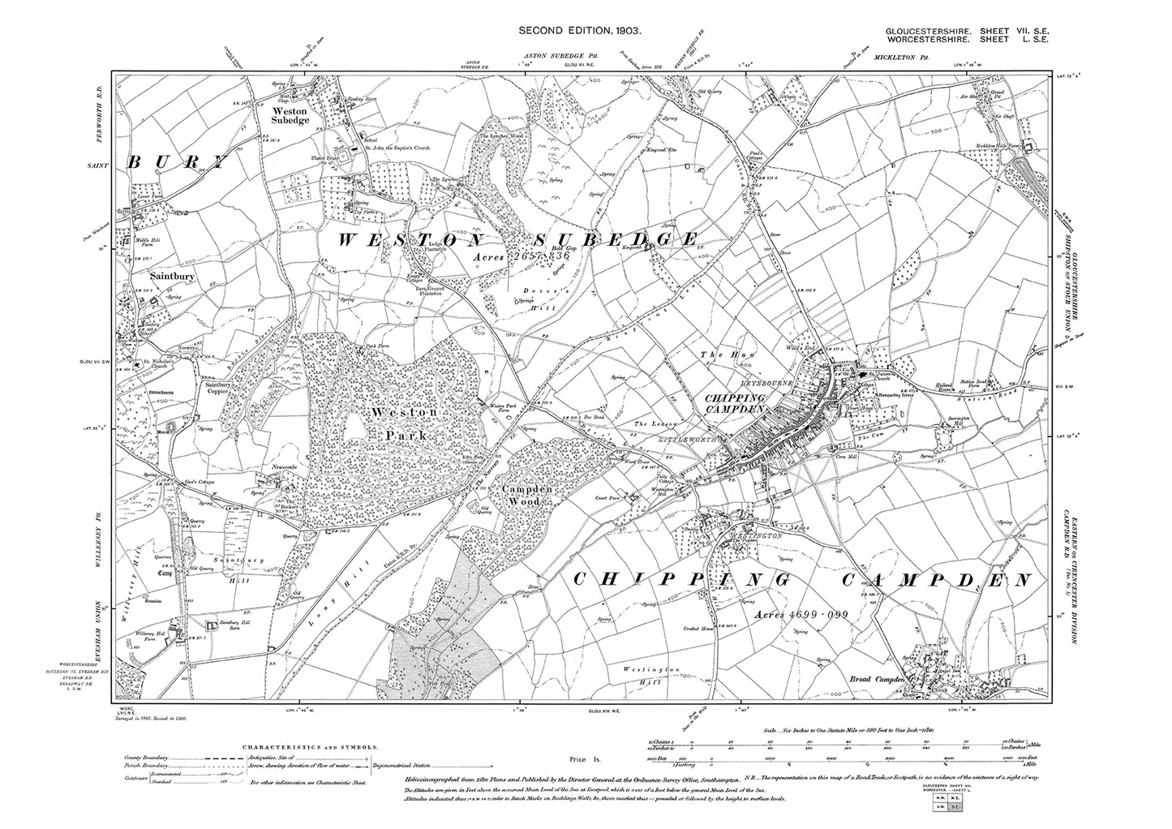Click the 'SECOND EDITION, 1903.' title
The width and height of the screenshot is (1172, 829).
[581, 30]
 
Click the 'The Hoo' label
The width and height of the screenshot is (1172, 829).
[716, 354]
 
